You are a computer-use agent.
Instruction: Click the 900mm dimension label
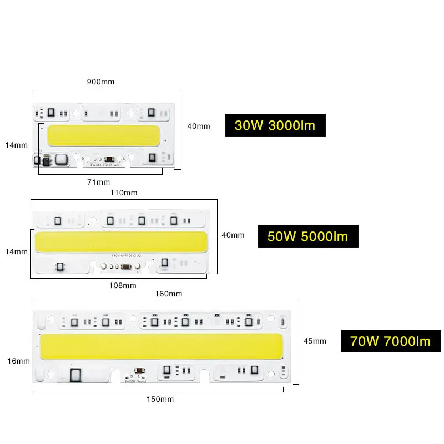tap(100, 82)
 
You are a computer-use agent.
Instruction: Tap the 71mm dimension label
tap(99, 182)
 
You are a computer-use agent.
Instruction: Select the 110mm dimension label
tap(123, 193)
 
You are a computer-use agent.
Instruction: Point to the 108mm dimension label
tap(122, 285)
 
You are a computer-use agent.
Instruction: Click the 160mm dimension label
tap(168, 294)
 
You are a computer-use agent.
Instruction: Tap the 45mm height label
tap(315, 341)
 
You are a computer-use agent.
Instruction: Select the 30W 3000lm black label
tap(275, 125)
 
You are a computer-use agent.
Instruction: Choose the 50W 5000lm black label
tap(307, 236)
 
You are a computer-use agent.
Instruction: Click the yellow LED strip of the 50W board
tap(121, 241)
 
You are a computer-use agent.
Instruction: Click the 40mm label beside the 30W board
tap(199, 126)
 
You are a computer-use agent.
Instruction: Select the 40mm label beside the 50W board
tap(233, 235)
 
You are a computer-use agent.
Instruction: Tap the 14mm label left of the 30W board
tap(16, 145)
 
